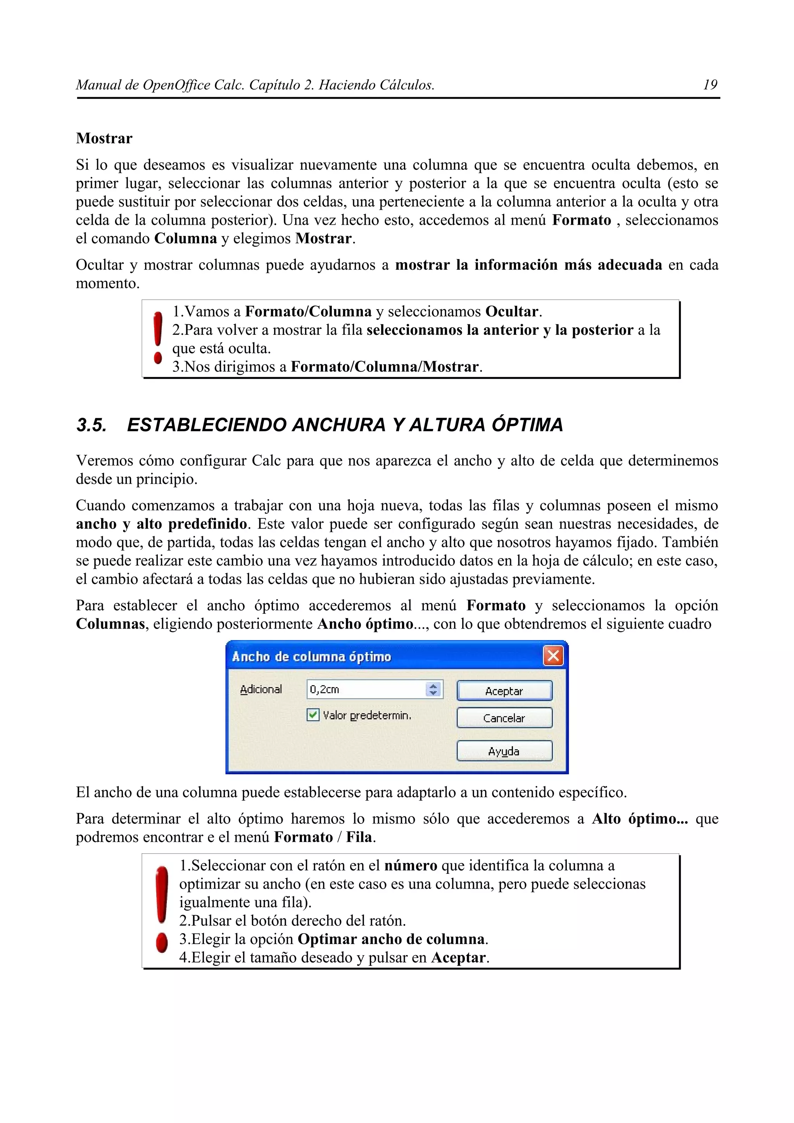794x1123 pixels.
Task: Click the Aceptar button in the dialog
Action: click(x=504, y=691)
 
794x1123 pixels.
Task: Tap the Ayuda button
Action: click(x=504, y=751)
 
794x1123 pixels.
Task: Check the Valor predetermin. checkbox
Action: click(x=312, y=715)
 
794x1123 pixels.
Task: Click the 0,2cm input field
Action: click(x=366, y=689)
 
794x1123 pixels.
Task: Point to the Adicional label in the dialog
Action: click(x=261, y=689)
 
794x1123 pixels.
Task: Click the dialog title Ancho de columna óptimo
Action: click(x=311, y=656)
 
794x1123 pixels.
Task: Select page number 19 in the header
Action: click(x=710, y=85)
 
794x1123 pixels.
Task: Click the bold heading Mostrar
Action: click(x=104, y=138)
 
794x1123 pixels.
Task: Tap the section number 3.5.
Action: click(x=91, y=425)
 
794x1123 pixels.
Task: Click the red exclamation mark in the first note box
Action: click(x=157, y=338)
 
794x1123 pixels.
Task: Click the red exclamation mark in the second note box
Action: click(x=161, y=910)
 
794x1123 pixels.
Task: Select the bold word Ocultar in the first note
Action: click(x=512, y=312)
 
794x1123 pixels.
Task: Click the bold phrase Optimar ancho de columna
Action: click(x=391, y=939)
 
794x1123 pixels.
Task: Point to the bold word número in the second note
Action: click(x=411, y=866)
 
